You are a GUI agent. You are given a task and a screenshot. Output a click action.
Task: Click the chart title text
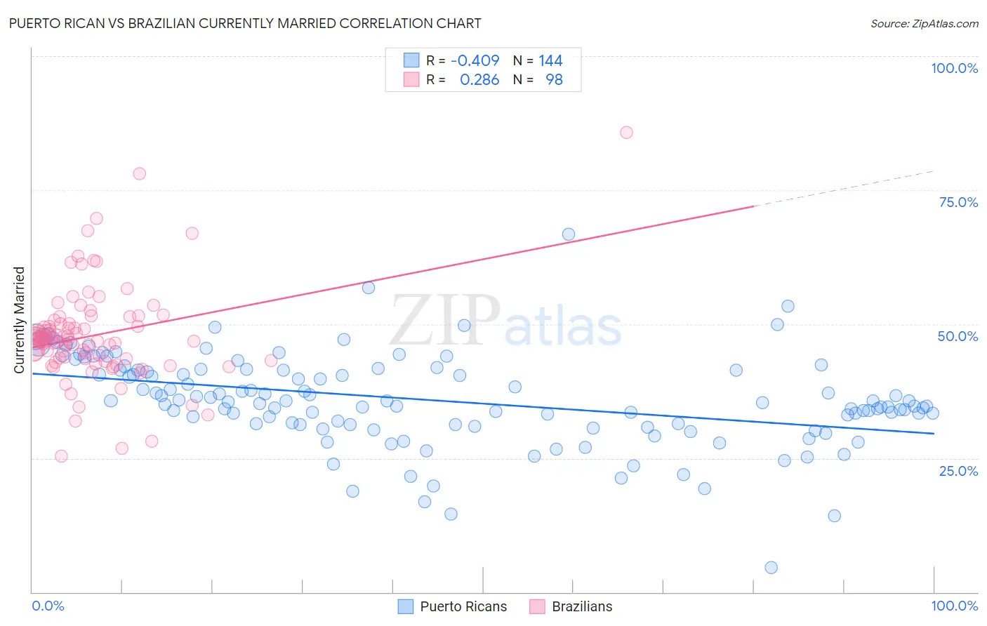[245, 23]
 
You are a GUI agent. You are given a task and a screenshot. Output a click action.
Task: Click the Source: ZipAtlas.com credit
[924, 23]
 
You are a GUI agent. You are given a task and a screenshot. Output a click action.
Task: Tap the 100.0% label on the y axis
[954, 68]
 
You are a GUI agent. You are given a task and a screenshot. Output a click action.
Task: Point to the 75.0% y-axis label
[958, 202]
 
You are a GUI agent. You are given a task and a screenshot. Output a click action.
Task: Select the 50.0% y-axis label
[958, 336]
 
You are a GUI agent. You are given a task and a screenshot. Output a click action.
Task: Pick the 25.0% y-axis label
[958, 471]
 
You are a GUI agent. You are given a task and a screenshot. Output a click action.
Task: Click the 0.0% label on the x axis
[48, 606]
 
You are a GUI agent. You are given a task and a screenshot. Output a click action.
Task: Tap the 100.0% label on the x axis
[954, 606]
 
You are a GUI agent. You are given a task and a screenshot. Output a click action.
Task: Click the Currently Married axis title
[19, 319]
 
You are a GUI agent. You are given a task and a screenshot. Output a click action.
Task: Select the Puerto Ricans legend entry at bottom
[463, 606]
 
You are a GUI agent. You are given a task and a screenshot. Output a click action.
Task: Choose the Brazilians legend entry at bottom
[581, 606]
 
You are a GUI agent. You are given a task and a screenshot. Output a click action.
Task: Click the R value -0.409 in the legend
[475, 60]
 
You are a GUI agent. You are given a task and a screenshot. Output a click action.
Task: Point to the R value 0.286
[479, 80]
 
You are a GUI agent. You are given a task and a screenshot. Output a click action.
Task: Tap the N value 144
[550, 60]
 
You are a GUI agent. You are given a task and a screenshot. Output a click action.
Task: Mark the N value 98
[554, 80]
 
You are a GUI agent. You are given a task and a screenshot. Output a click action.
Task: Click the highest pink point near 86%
[626, 133]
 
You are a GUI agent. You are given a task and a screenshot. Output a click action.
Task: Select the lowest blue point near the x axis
[771, 568]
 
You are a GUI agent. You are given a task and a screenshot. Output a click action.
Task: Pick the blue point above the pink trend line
[569, 234]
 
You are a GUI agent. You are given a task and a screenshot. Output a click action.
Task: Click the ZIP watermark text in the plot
[445, 321]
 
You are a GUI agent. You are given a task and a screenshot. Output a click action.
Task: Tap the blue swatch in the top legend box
[411, 60]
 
